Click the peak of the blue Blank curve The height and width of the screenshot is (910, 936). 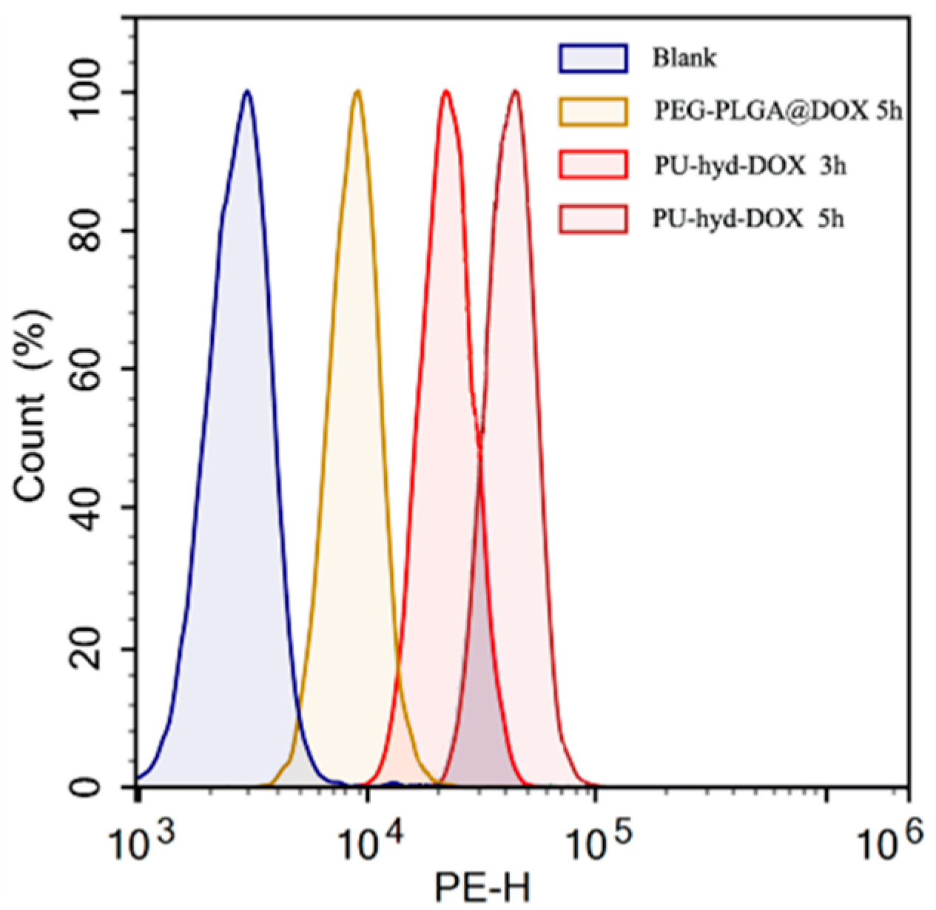247,92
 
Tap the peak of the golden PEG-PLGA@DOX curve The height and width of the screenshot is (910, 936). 357,92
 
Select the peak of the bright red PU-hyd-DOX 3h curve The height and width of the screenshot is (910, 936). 446,92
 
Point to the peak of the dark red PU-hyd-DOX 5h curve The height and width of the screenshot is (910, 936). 515,92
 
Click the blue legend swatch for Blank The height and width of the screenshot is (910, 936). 593,58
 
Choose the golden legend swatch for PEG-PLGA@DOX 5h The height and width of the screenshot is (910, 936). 593,112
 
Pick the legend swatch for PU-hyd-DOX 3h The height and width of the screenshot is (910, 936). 593,166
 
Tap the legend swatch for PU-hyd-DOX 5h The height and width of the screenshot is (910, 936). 593,220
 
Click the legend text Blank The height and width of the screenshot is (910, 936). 684,58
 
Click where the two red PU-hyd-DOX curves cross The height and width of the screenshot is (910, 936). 480,442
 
